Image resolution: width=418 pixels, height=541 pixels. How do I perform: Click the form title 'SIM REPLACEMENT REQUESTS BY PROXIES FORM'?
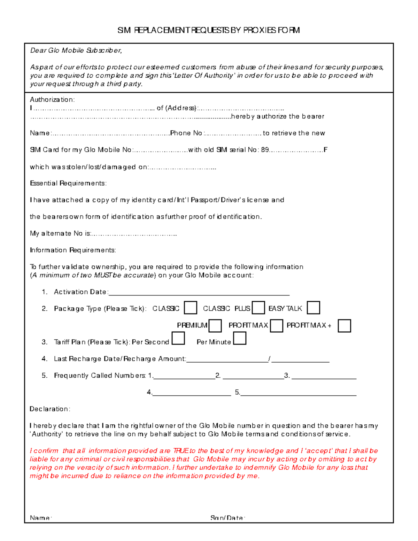(208, 30)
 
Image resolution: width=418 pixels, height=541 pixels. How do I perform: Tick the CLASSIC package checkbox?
(191, 308)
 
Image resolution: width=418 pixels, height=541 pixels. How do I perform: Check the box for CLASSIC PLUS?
(258, 308)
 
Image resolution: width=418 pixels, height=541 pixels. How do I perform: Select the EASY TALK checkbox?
(313, 308)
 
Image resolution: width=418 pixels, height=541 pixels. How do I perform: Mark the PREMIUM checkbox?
(215, 326)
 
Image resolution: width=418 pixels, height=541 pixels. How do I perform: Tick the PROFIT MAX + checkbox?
(344, 326)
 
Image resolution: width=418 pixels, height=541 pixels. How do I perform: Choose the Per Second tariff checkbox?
(178, 339)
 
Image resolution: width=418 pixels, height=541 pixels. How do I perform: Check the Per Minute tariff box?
(240, 339)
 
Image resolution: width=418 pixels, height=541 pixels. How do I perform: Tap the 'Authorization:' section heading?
(52, 100)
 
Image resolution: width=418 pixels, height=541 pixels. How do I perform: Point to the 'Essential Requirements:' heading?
(68, 183)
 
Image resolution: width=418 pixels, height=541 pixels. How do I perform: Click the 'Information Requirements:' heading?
(73, 250)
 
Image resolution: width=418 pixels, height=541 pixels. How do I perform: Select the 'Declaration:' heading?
(50, 409)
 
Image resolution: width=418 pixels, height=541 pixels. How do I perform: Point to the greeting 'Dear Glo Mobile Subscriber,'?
(76, 51)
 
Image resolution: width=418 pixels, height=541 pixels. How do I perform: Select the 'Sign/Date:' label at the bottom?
(228, 518)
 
